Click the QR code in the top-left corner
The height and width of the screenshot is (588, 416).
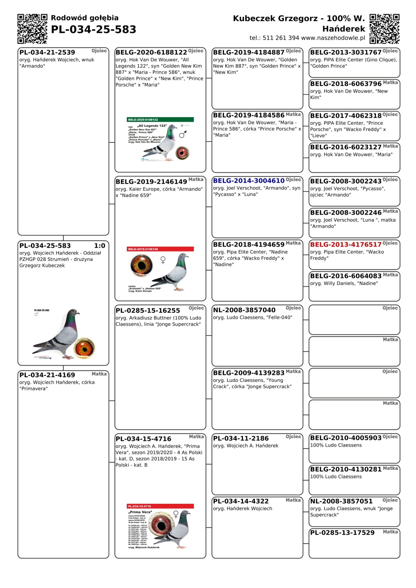coord(32,29)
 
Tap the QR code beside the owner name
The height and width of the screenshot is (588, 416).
coord(384,29)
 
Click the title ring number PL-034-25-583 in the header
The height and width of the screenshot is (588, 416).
coord(94,30)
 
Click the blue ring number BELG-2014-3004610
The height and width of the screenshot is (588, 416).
coord(249,181)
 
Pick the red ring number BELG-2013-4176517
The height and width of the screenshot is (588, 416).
coord(346,244)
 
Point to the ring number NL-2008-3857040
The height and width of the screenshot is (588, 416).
coord(244,310)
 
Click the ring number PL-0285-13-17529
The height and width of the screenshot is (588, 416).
coord(342,533)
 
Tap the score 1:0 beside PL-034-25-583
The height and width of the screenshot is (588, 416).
coord(99,246)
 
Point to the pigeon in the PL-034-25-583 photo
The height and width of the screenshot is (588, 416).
coord(59,333)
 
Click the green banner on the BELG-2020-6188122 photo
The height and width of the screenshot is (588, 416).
coord(161,120)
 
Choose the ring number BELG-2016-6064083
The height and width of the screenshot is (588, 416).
coord(346,276)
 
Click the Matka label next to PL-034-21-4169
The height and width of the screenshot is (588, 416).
coord(99,374)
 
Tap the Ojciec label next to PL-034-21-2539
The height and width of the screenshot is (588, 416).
coord(99,51)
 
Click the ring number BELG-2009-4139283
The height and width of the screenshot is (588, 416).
coord(249,373)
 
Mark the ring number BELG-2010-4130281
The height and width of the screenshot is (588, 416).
coord(346,469)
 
